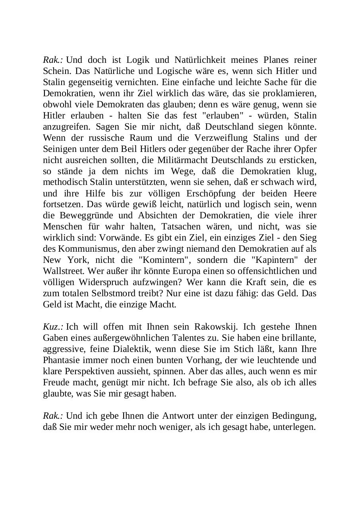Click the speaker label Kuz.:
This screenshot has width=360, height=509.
coord(53,327)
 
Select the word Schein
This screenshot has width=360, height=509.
coord(54,71)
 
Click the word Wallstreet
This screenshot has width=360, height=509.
coord(62,272)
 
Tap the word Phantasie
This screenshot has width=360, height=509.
coord(61,360)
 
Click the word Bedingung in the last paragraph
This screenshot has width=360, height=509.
coord(294,416)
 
